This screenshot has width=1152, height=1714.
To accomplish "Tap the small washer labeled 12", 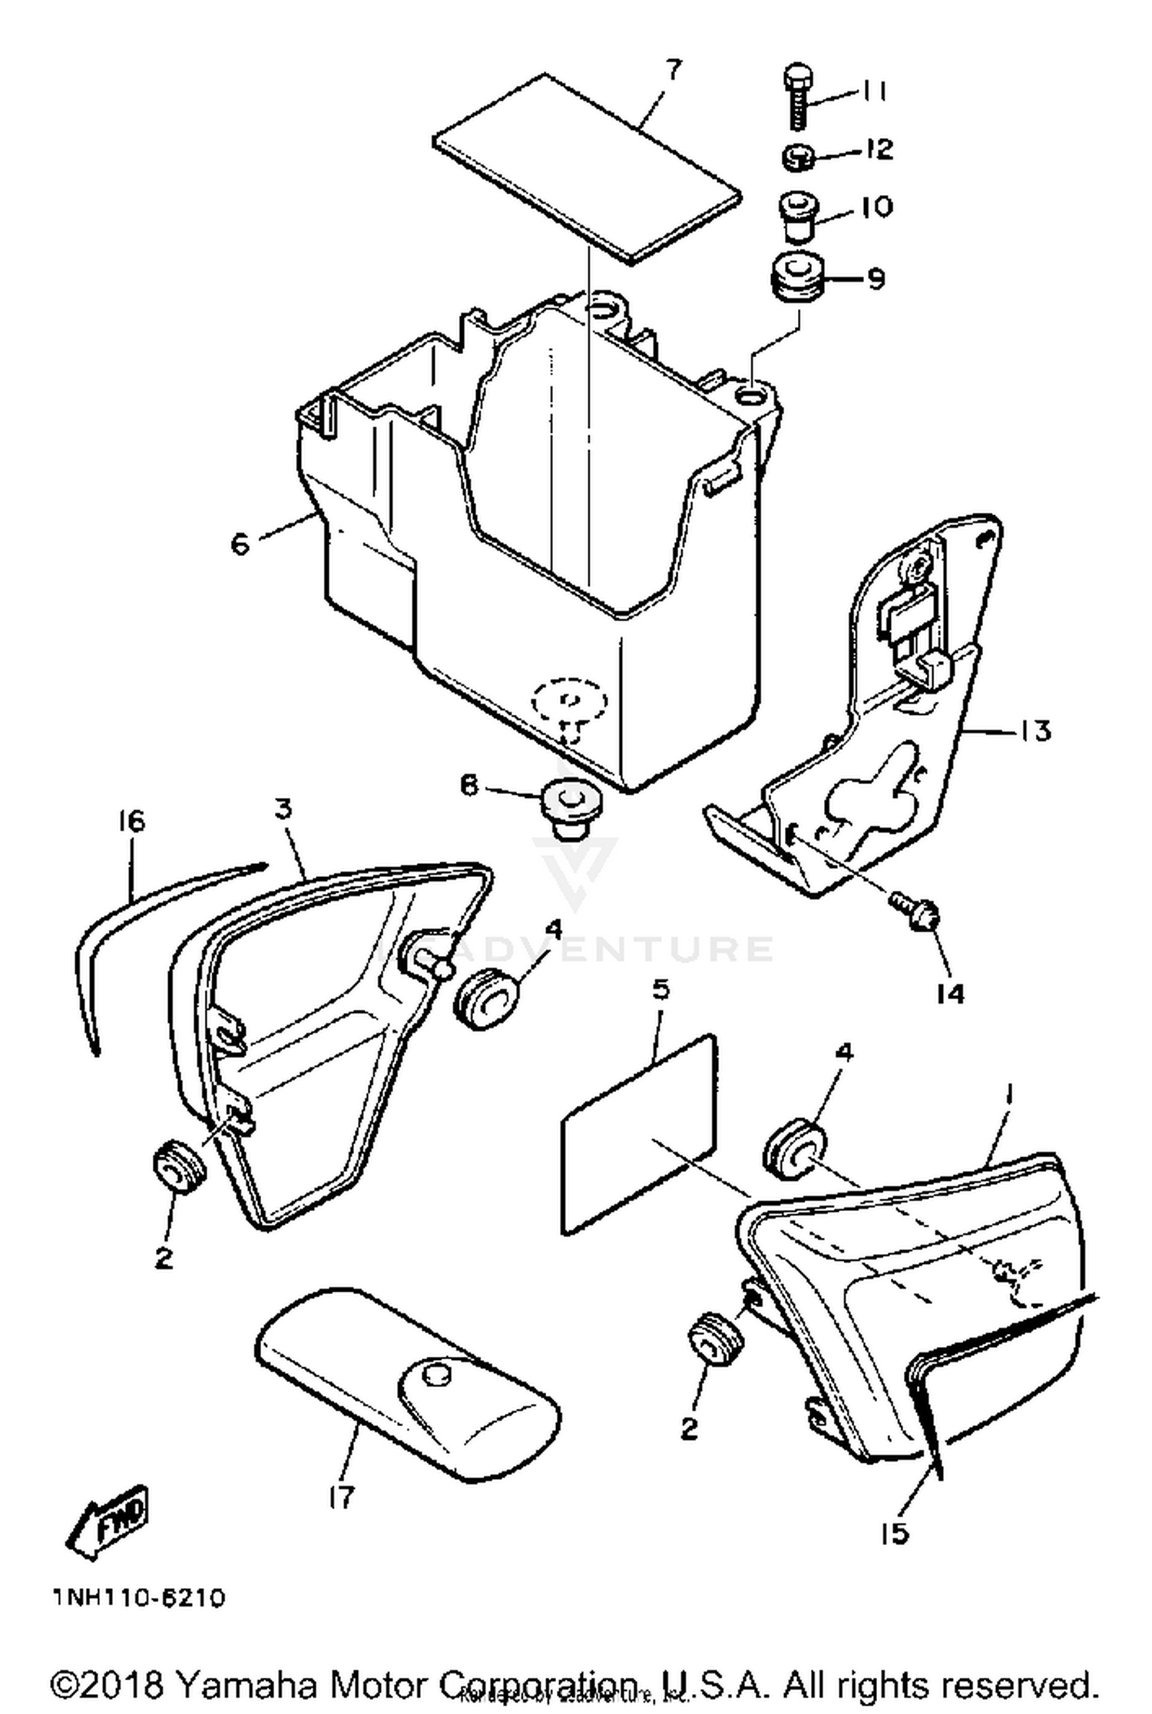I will click(798, 158).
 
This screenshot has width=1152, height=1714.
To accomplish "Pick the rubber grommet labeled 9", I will click(796, 281).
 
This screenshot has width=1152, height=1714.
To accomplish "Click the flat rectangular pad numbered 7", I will click(588, 168).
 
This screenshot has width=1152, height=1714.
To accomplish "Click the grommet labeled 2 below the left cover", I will click(179, 1173).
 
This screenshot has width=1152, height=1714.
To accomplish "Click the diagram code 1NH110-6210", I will click(139, 1598).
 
